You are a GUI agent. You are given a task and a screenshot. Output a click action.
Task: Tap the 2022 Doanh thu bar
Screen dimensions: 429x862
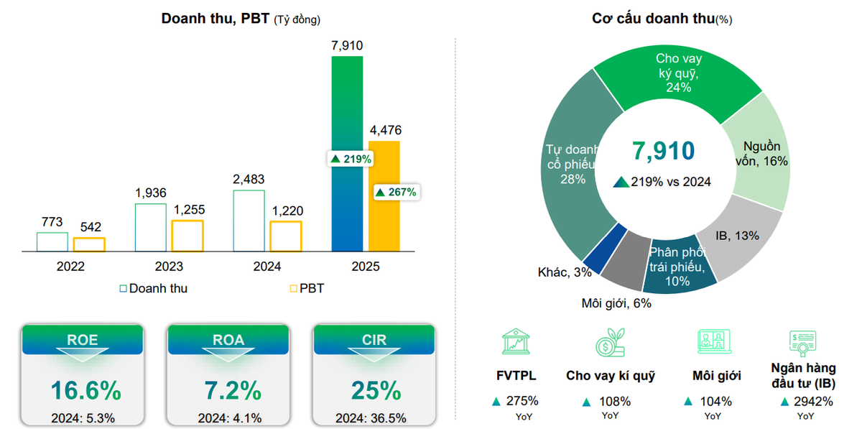[52, 242]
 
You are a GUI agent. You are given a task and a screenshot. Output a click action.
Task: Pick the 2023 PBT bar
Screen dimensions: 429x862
[187, 236]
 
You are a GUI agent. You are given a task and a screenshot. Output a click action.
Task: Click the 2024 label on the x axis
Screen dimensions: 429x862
[267, 267]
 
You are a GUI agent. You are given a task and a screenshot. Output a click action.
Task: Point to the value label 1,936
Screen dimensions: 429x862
[151, 193]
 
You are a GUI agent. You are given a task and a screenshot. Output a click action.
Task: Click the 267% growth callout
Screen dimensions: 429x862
[396, 192]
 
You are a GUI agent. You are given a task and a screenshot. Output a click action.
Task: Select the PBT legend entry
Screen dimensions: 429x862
[307, 289]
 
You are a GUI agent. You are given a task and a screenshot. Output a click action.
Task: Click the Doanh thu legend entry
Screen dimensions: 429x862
[153, 289]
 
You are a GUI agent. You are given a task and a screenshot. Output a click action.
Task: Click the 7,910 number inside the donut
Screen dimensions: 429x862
[663, 151]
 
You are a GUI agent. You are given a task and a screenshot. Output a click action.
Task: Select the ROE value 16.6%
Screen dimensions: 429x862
[85, 391]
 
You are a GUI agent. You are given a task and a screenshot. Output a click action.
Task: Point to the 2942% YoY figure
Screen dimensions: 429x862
[807, 402]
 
